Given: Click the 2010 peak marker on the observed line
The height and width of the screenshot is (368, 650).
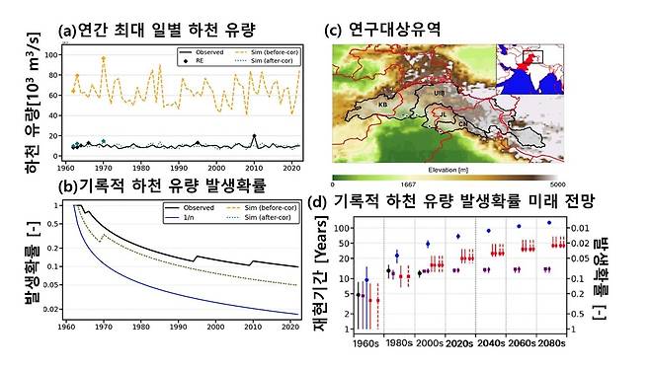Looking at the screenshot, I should point(254,136).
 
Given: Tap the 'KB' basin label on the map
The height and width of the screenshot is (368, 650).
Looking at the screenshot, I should point(382,104).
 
